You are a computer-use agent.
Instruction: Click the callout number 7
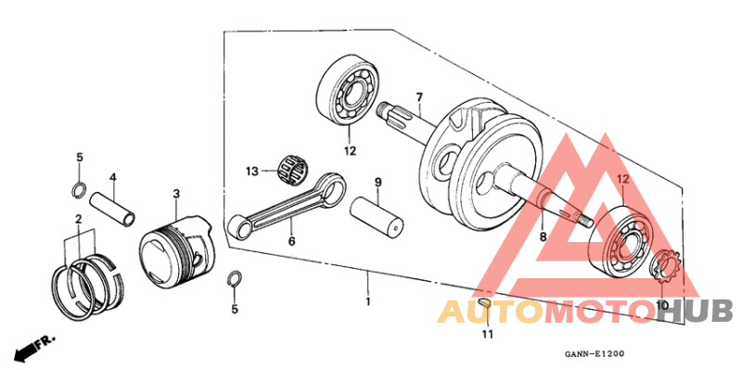tap(419, 97)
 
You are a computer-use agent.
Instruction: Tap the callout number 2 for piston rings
tap(79, 219)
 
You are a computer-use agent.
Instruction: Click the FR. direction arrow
tap(33, 350)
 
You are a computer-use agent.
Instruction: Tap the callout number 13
tap(250, 171)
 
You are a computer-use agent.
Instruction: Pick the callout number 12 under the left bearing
tap(350, 151)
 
